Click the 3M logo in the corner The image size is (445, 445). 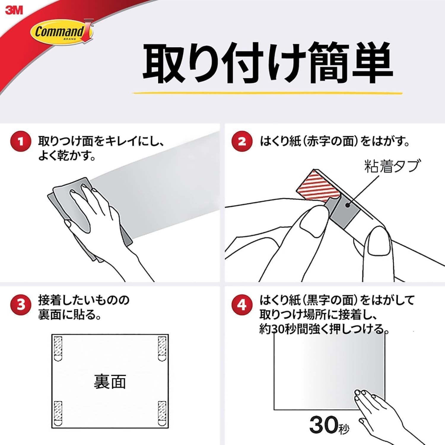(x=14, y=10)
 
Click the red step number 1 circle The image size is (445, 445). (x=20, y=141)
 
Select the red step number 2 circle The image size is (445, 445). (x=242, y=141)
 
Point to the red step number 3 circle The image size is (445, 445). (x=20, y=305)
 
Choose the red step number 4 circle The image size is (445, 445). (x=242, y=305)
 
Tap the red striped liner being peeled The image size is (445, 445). (x=317, y=185)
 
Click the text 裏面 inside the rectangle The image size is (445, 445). (x=110, y=382)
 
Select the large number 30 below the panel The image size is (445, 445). (x=323, y=425)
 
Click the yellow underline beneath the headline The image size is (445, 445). (x=267, y=93)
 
